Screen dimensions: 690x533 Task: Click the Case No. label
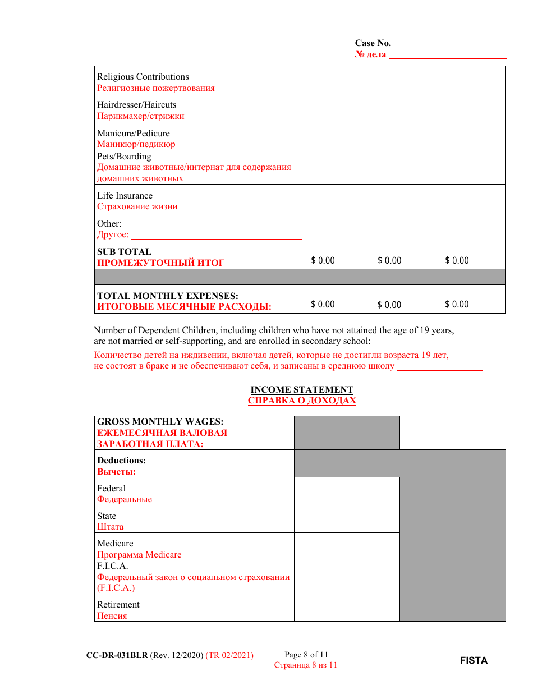(373, 43)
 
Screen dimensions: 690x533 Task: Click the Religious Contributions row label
(143, 77)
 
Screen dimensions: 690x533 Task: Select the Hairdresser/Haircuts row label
(136, 105)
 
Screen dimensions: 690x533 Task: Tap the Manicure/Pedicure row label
(133, 134)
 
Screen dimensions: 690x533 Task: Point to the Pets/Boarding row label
(124, 157)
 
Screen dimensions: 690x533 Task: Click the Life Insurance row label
(125, 196)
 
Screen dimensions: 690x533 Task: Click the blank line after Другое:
(217, 235)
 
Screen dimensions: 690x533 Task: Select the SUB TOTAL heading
(124, 252)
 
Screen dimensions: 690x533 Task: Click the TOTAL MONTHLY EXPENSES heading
(168, 296)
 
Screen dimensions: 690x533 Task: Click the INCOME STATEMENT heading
(302, 390)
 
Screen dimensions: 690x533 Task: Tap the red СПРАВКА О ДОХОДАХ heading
(302, 401)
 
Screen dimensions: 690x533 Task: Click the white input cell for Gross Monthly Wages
(452, 433)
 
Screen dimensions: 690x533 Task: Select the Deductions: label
(121, 461)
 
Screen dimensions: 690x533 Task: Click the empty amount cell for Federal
(347, 491)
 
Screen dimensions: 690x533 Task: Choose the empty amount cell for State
(347, 519)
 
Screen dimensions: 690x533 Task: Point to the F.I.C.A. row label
(113, 566)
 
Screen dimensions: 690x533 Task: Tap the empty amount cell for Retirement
(347, 608)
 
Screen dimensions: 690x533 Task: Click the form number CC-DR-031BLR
(117, 655)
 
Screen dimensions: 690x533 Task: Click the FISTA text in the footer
(474, 660)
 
